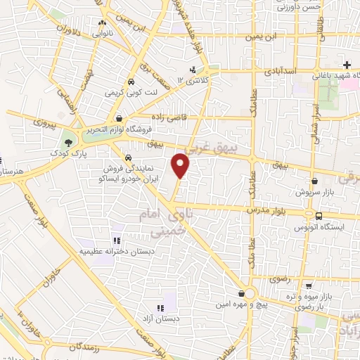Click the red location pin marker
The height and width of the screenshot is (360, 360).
[181, 166]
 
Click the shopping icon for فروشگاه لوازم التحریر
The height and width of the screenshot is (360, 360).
[121, 118]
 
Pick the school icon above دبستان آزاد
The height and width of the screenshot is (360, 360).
[160, 307]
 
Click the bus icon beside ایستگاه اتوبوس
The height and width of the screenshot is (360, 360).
[319, 216]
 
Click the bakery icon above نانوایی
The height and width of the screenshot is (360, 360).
[102, 23]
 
